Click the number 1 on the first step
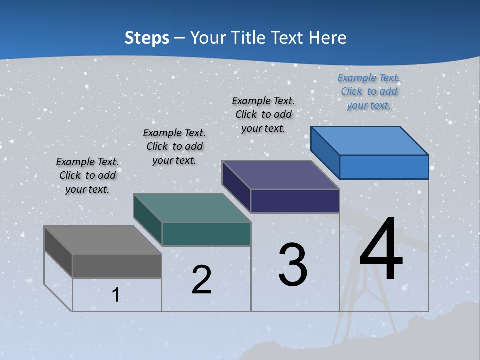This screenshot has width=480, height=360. pyautogui.click(x=116, y=295)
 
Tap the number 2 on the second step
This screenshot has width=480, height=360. pyautogui.click(x=201, y=280)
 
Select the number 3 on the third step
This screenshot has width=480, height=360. pyautogui.click(x=293, y=265)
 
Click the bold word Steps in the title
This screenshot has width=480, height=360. pyautogui.click(x=147, y=38)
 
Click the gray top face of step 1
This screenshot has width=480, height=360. pyautogui.click(x=102, y=240)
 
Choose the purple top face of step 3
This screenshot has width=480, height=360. pyautogui.click(x=280, y=175)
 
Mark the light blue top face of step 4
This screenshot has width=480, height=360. pyautogui.click(x=369, y=140)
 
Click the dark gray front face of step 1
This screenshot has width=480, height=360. pyautogui.click(x=117, y=266)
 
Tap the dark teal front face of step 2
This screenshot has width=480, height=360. pyautogui.click(x=206, y=234)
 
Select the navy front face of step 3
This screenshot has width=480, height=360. pyautogui.click(x=295, y=201)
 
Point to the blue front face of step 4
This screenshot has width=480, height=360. pyautogui.click(x=384, y=167)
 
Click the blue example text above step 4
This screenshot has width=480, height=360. pyautogui.click(x=369, y=92)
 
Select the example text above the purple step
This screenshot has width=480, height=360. pyautogui.click(x=263, y=115)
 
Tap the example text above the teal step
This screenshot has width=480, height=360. pyautogui.click(x=174, y=146)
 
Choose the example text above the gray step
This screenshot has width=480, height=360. pyautogui.click(x=87, y=175)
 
